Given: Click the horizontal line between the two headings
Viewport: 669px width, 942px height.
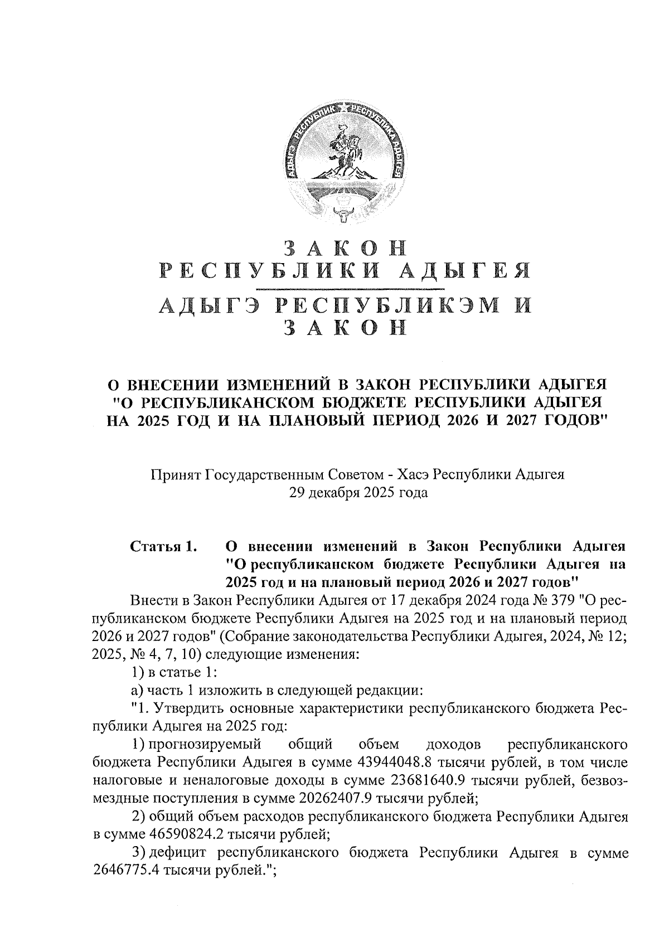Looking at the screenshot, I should (350, 289).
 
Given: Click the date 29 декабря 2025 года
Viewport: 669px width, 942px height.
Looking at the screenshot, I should (357, 493).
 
